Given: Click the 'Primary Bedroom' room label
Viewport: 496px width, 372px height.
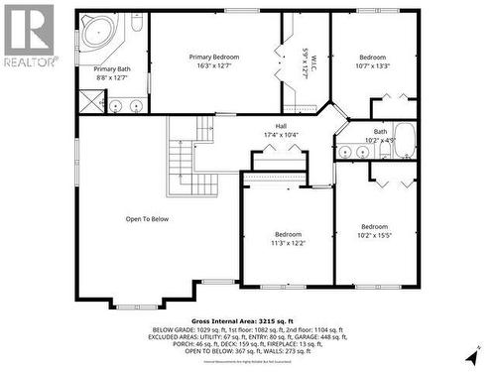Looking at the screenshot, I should pos(214,58).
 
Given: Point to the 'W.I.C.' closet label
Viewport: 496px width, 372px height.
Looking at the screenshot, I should pos(312,66).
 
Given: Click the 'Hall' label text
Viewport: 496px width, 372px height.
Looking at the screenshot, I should pos(281,126).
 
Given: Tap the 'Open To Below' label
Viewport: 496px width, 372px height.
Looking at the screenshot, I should pos(147,219).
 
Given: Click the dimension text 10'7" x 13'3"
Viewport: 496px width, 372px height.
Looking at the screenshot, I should pos(373,66).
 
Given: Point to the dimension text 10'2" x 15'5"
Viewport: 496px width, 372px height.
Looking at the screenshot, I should pos(374,235).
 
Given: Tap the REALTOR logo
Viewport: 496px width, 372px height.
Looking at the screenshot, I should pos(27,35).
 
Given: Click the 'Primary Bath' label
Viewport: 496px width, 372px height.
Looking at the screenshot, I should pos(112,68).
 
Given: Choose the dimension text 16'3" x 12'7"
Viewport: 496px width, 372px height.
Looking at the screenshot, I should pos(214,66).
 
